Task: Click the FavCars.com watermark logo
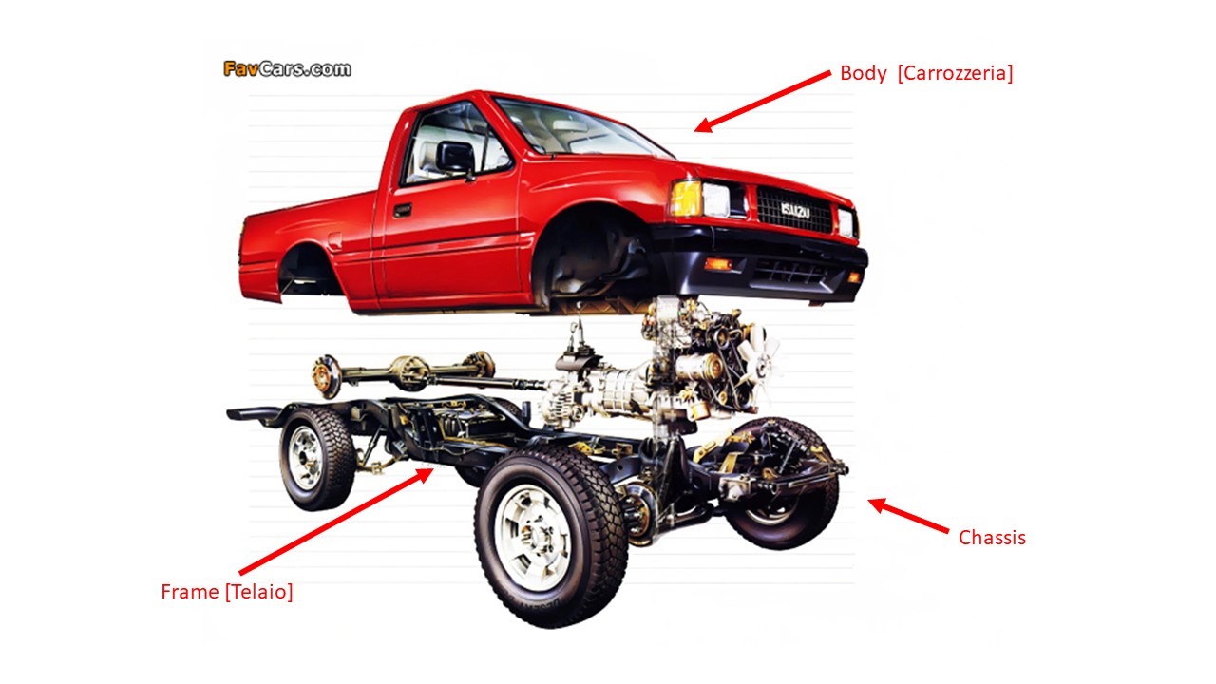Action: pos(287,68)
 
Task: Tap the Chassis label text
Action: pos(992,538)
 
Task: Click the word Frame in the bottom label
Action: pos(190,592)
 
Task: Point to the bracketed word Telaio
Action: pos(259,592)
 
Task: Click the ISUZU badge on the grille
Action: pos(795,210)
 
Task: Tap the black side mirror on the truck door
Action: pos(455,157)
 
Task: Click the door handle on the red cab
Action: pos(403,210)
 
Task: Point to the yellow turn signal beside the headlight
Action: pos(684,199)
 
